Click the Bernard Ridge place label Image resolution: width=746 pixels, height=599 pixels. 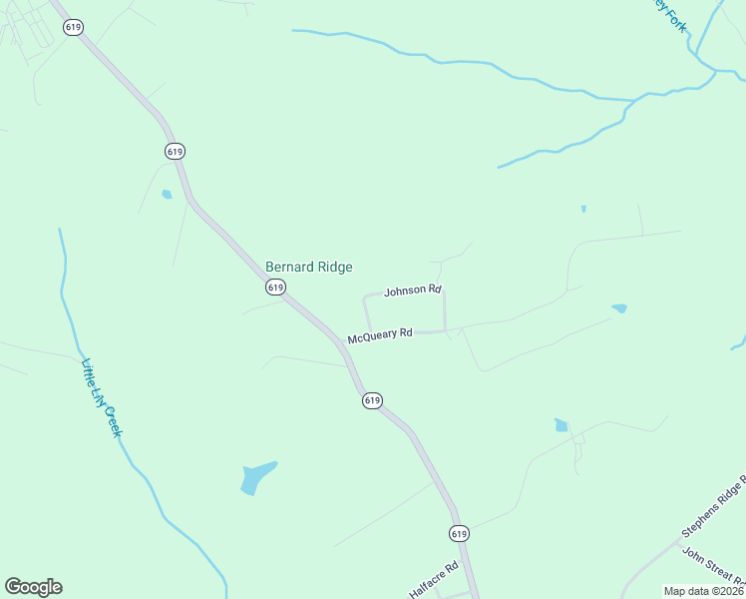tap(308, 268)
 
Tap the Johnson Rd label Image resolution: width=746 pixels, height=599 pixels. tap(412, 291)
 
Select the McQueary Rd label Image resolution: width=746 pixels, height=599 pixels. tap(380, 336)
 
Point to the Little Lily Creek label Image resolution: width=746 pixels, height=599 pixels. tap(101, 397)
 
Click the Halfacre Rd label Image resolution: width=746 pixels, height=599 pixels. tap(433, 579)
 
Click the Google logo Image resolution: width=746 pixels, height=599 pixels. tap(33, 587)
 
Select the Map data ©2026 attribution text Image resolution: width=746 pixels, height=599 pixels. tap(703, 591)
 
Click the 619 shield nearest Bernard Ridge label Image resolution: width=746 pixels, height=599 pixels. tap(276, 287)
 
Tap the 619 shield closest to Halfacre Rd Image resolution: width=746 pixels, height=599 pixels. tap(458, 533)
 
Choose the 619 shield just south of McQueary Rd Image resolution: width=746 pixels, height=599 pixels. tap(372, 400)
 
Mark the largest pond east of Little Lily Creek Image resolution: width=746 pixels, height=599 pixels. tap(256, 477)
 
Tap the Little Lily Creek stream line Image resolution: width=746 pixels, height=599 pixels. tap(65, 299)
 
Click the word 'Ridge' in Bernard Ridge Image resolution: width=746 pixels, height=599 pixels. tap(333, 268)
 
